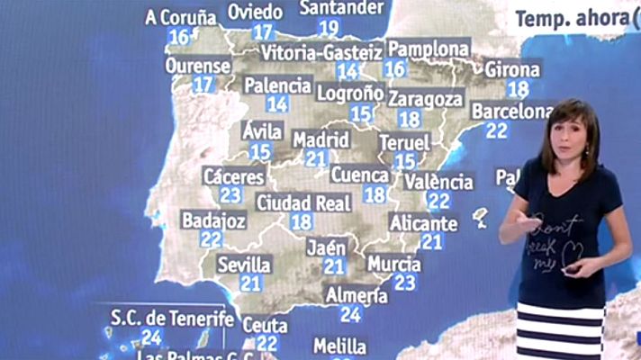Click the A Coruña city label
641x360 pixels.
180,17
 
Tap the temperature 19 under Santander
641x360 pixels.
329,28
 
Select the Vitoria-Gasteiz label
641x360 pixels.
321,53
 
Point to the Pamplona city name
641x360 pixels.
429,49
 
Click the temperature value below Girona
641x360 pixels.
518,88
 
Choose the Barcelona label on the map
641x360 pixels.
511,112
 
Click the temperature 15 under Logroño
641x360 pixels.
361,113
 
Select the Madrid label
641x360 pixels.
320,139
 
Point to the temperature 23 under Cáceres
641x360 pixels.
230,194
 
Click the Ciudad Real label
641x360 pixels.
303,202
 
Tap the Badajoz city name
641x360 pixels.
213,220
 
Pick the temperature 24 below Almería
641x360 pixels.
350,314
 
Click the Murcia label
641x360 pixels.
393,264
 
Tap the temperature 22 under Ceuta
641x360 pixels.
266,342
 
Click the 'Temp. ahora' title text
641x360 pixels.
570,16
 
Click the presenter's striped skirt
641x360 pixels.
560,330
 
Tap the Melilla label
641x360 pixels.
339,346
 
